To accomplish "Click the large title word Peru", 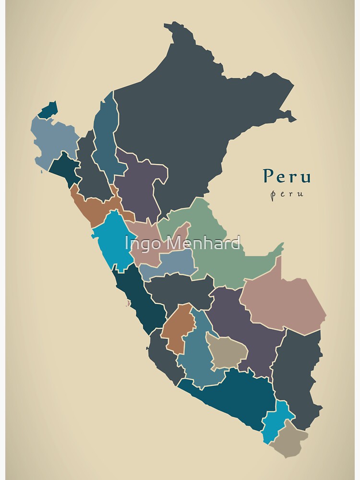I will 287,176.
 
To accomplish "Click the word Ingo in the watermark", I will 141,243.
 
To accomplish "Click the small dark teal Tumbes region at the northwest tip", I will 48,111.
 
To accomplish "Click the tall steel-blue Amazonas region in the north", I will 105,139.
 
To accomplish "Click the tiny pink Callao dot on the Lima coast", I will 128,303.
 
